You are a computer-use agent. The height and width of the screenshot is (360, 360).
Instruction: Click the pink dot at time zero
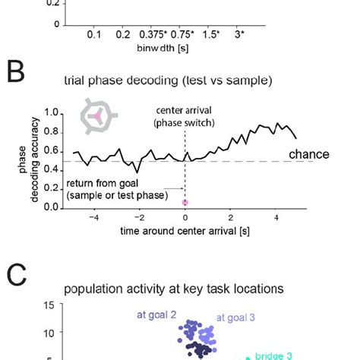pyautogui.click(x=185, y=202)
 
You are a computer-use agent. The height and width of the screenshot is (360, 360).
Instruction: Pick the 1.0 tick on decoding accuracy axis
pyautogui.click(x=52, y=113)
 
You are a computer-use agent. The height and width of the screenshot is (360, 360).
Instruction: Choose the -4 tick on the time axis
pyautogui.click(x=93, y=217)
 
